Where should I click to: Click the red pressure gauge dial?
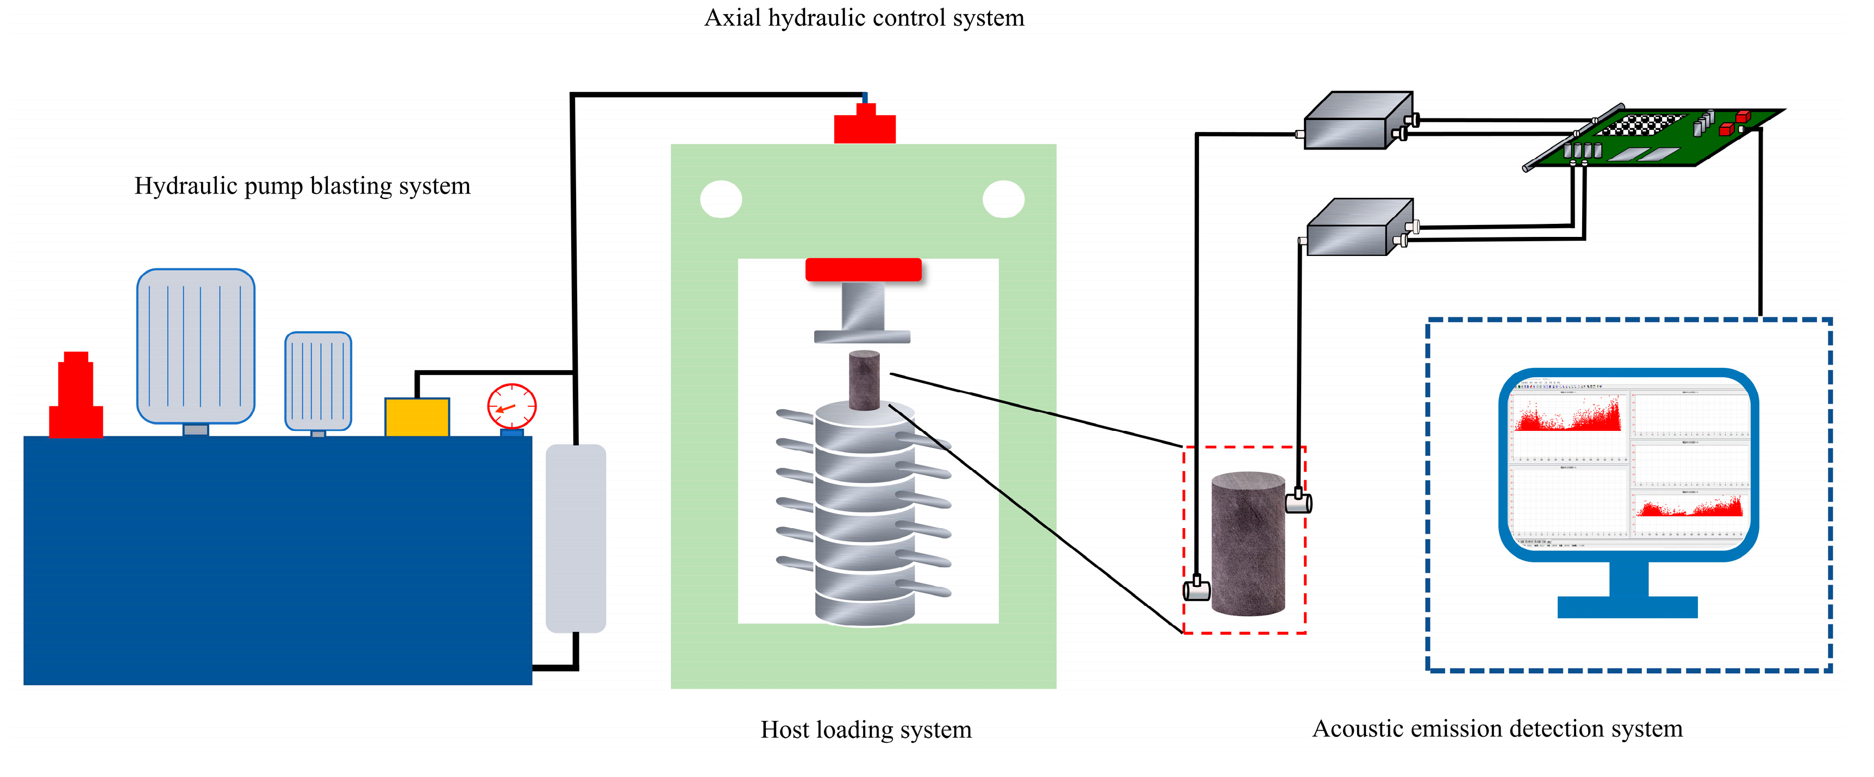click(511, 406)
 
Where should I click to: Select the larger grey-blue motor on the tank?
click(196, 346)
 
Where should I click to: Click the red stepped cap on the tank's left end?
click(76, 400)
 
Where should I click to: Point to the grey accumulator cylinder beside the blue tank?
click(576, 538)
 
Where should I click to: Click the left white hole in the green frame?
click(720, 199)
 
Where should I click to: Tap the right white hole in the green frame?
click(1003, 199)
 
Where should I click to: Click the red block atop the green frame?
click(864, 127)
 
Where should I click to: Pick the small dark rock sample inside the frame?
click(864, 380)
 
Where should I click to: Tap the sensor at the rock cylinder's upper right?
click(1298, 502)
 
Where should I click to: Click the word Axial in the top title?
click(732, 17)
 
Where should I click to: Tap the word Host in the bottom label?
click(785, 729)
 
